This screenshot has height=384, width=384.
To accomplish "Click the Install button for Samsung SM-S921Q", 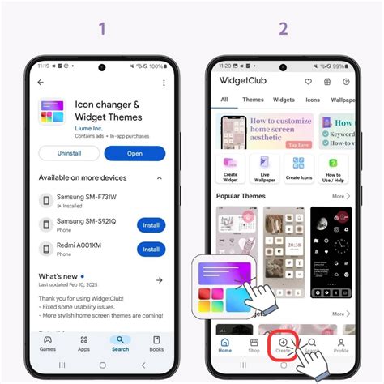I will pyautogui.click(x=151, y=225).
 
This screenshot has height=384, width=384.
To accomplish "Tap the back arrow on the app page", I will pyautogui.click(x=41, y=83).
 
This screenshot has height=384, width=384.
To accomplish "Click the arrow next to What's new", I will pyautogui.click(x=159, y=280).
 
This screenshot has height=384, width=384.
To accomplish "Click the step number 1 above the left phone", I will pyautogui.click(x=101, y=29).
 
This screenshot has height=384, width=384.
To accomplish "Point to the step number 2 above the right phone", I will pyautogui.click(x=283, y=29).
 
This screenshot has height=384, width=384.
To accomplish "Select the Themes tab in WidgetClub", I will pyautogui.click(x=253, y=100).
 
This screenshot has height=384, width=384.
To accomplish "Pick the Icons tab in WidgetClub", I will pyautogui.click(x=313, y=100).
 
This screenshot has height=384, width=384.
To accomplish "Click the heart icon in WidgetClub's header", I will pyautogui.click(x=308, y=82).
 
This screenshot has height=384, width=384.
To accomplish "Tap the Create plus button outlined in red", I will pyautogui.click(x=283, y=343).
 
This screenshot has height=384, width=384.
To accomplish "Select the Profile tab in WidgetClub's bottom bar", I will pyautogui.click(x=341, y=344).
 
